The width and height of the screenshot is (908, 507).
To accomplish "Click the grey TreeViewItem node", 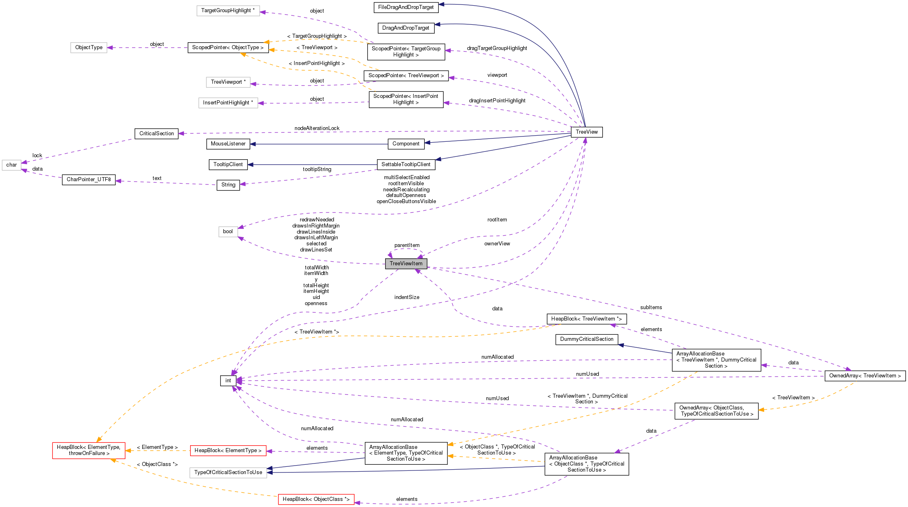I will pos(406,264).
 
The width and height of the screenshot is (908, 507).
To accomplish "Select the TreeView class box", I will pos(586,132).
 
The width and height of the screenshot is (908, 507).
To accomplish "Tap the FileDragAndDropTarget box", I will pos(405,7).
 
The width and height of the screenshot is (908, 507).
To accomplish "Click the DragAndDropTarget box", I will pos(405,28).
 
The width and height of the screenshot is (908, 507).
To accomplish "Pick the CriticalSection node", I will pos(156,134).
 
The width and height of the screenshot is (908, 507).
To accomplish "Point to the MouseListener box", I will pos(228,144).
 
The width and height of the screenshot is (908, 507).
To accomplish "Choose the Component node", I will pos(405,144).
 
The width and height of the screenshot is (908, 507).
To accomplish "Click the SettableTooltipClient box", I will pos(405,165).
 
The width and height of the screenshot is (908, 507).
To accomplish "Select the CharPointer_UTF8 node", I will pos(89,180).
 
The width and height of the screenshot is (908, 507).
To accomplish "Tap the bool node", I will pos(228,232).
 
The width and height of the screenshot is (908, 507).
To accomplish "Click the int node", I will pos(228,381).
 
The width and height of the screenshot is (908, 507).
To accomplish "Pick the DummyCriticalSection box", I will pos(586,339).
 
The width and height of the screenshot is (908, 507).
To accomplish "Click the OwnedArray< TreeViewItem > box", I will pos(865,376).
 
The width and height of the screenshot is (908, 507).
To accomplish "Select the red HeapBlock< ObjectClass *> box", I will pos(316,499).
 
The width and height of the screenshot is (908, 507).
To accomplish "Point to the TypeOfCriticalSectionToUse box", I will pos(228,472).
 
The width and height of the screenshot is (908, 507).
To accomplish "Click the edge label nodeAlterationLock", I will pos(317,128).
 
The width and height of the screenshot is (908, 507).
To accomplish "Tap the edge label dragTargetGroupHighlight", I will pos(496,48).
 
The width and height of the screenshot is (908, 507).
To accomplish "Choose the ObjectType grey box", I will pos(89,48).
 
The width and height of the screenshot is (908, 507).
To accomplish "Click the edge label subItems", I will pos(651,308).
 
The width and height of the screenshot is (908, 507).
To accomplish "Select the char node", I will pos(11,165).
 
